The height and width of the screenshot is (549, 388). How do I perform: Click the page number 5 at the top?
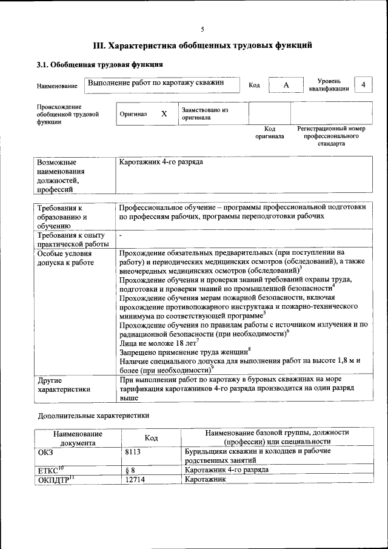pyautogui.click(x=202, y=29)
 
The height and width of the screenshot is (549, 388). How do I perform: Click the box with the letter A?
pyautogui.click(x=286, y=86)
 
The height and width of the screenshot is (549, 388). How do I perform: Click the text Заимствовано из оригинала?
pyautogui.click(x=205, y=114)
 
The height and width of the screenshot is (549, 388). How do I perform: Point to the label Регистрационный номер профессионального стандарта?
pyautogui.click(x=331, y=137)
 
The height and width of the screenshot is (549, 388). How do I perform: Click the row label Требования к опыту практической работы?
pyautogui.click(x=72, y=239)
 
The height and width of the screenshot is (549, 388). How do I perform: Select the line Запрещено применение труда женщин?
pyautogui.click(x=184, y=352)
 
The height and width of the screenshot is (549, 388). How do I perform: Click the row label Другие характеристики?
pyautogui.click(x=64, y=385)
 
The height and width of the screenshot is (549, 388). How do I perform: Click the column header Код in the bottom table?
pyautogui.click(x=151, y=437)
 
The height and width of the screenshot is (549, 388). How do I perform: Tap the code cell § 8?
pyautogui.click(x=130, y=470)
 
